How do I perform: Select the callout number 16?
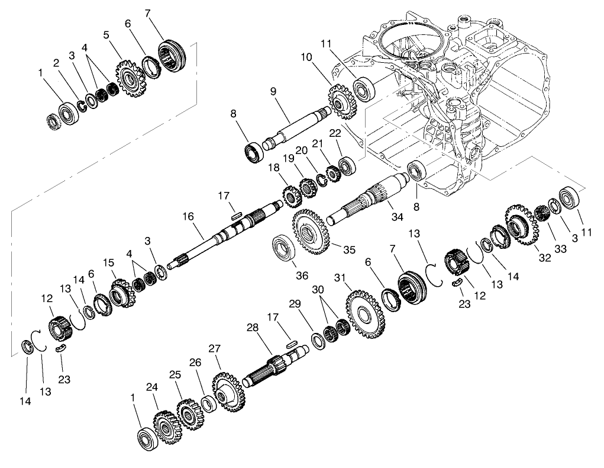pos(188,217)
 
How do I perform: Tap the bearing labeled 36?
pos(284,248)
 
